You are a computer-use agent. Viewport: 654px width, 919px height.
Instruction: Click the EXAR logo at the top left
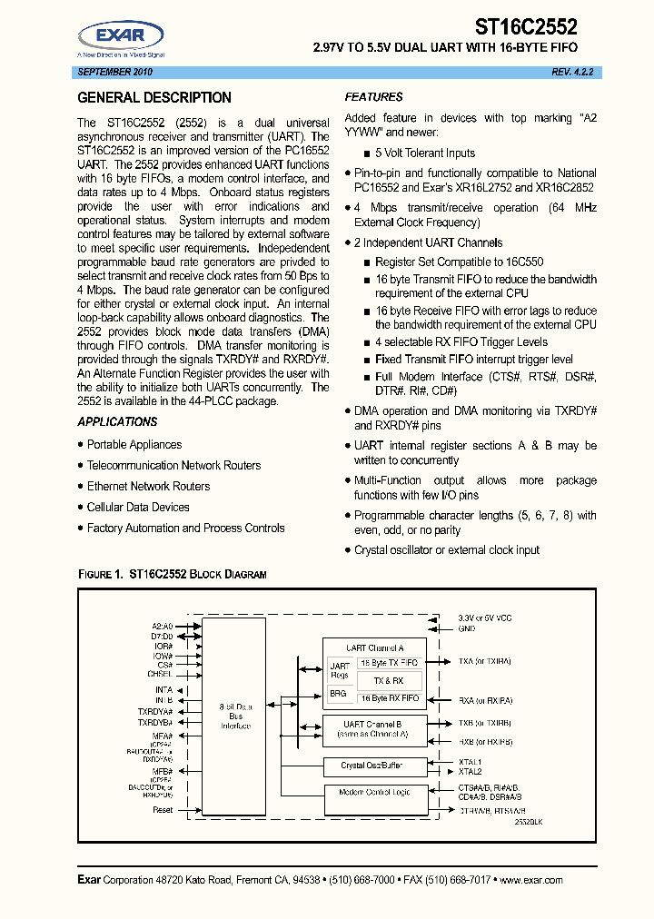point(121,37)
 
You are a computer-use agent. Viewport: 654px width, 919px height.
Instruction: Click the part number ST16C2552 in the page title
point(526,28)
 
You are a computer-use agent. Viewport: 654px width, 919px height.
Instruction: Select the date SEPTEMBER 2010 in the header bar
point(115,72)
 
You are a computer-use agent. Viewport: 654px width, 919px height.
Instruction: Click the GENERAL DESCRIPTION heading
point(154,98)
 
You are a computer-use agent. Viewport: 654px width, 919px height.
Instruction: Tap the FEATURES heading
point(373,97)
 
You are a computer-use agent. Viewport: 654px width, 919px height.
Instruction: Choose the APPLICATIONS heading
point(117,421)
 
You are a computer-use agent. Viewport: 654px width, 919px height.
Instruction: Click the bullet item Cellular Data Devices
point(138,507)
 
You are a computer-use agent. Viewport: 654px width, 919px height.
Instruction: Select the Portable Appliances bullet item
point(134,444)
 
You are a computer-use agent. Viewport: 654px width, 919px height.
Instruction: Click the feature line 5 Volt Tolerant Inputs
point(425,153)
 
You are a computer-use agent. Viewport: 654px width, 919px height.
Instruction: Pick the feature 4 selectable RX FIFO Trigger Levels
point(461,341)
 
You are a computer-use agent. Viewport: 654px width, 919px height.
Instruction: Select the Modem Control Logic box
point(375,793)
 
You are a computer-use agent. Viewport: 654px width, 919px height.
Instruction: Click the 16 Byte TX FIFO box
point(390,663)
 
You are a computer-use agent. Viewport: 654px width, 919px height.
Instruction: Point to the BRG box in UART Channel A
point(338,694)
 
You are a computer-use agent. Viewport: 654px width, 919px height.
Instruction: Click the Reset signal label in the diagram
point(163,809)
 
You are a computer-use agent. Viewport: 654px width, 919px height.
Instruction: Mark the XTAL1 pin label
point(471,762)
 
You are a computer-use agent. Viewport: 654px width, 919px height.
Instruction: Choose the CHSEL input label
point(160,674)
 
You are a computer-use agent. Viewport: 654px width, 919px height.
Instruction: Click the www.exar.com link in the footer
point(530,880)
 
